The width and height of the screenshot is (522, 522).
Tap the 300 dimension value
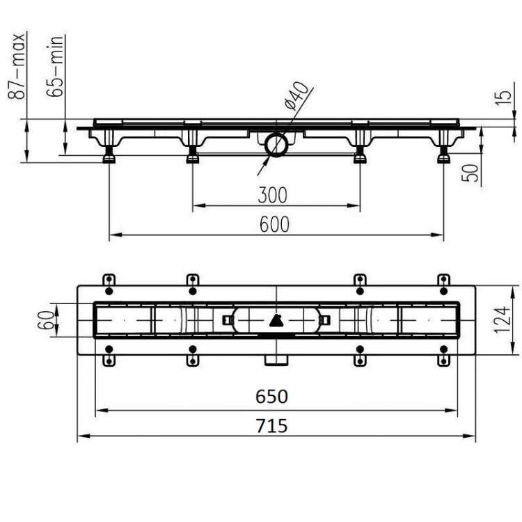(271, 196)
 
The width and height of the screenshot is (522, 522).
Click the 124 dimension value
(501, 319)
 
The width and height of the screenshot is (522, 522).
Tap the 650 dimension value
(271, 396)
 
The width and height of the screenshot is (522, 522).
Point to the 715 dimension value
(271, 425)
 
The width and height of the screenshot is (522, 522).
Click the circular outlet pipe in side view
(276, 145)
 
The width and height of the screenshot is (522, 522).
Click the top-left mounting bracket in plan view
(109, 280)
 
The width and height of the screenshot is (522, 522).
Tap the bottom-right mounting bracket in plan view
(443, 359)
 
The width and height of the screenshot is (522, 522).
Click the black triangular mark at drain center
(276, 320)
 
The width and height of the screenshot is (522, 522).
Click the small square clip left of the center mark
(228, 320)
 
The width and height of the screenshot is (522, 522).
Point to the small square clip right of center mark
(325, 320)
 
